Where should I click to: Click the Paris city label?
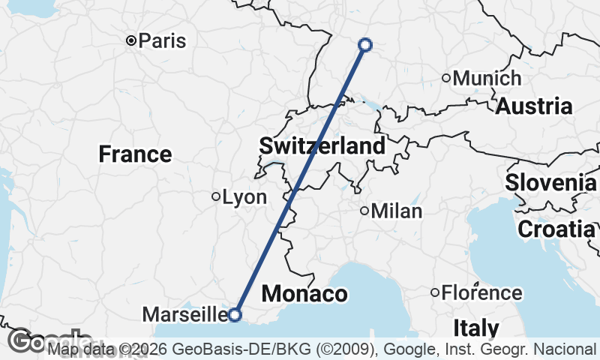162,40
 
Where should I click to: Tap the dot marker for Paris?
130,40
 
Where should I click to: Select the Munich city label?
487,78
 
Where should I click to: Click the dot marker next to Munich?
446,78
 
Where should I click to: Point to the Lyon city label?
245,197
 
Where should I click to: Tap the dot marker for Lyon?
216,197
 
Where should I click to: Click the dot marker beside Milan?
364,211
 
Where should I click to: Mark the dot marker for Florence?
435,292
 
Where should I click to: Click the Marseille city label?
188,313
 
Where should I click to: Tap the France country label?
135,154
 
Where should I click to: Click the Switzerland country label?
322,145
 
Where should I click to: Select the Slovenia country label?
550,182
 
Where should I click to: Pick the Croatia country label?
556,229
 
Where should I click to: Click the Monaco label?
304,293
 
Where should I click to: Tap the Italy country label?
476,328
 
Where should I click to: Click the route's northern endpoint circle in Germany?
365,45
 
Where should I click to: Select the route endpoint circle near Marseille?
235,315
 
